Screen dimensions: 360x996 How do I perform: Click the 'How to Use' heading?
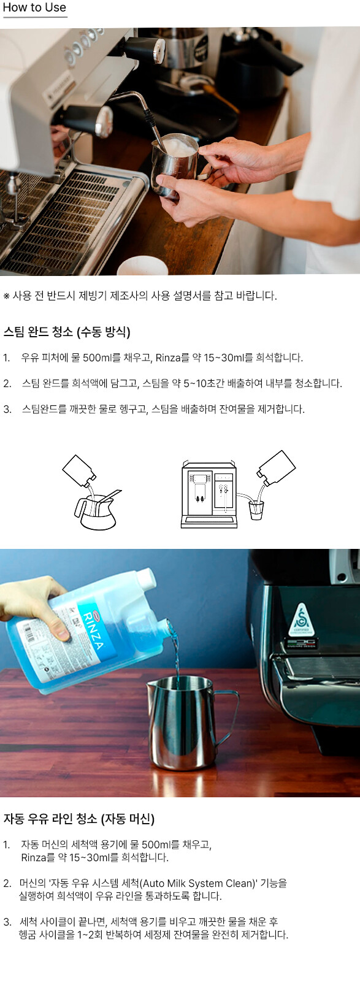click(34, 7)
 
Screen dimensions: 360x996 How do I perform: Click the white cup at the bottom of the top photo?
click(142, 266)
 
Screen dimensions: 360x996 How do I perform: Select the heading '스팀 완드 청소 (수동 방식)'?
click(67, 332)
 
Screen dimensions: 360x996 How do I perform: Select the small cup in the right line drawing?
click(256, 510)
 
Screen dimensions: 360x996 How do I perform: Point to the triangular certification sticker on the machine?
click(302, 620)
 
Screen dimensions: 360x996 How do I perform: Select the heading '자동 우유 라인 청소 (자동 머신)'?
click(79, 819)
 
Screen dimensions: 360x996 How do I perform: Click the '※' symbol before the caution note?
click(6, 296)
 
